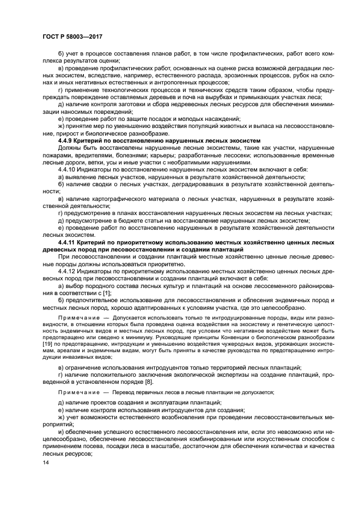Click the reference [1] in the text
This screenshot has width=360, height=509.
(107, 292)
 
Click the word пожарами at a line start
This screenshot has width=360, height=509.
(56, 155)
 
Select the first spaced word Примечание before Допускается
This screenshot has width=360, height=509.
(75, 316)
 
